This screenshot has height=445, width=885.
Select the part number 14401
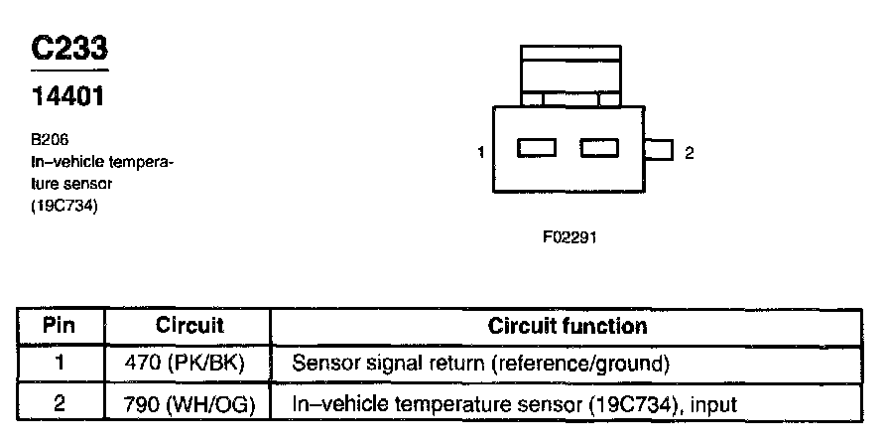pyautogui.click(x=68, y=99)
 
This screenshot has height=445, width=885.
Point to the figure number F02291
pyautogui.click(x=569, y=239)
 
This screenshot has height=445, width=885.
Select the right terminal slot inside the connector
pyautogui.click(x=599, y=149)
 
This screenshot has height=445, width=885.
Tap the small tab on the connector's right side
pyautogui.click(x=658, y=151)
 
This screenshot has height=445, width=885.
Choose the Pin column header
pyautogui.click(x=61, y=326)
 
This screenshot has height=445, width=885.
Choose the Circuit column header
pyautogui.click(x=190, y=326)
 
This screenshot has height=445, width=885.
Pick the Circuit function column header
pyautogui.click(x=567, y=326)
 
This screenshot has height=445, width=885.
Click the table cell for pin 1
pyautogui.click(x=61, y=364)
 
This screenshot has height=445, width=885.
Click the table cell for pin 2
pyautogui.click(x=61, y=403)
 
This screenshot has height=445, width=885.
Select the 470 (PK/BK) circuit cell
pyautogui.click(x=190, y=364)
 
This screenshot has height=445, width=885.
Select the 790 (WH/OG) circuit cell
pyautogui.click(x=190, y=403)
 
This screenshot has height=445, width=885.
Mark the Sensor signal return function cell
pyautogui.click(x=481, y=364)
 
